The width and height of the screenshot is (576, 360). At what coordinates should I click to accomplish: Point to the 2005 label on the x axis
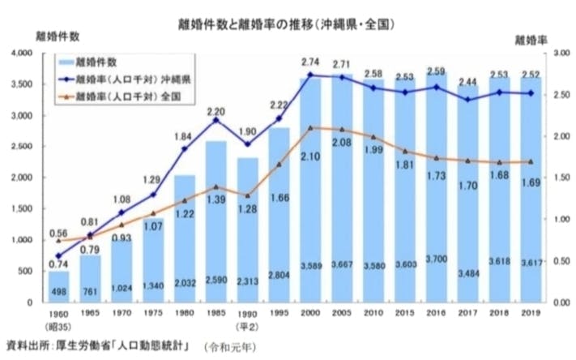pyautogui.click(x=343, y=312)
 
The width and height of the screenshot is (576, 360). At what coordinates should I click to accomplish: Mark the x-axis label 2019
pyautogui.click(x=530, y=312)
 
